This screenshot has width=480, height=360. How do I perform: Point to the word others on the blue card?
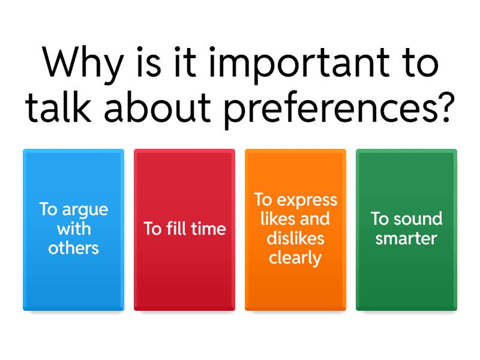(x=73, y=247)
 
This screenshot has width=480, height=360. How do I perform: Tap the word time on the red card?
(x=207, y=229)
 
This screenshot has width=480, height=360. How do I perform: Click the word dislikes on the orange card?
(x=295, y=238)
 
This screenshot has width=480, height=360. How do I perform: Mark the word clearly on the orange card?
(x=295, y=258)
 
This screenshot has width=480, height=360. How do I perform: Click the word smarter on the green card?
(x=406, y=238)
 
